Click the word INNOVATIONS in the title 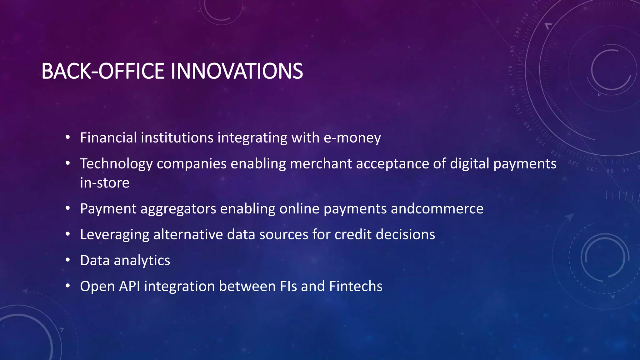237,71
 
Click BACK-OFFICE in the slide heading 103,71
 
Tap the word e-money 352,138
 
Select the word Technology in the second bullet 116,164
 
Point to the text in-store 104,183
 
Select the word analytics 142,261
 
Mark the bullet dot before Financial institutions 68,137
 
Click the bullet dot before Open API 68,286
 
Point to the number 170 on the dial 510,71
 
